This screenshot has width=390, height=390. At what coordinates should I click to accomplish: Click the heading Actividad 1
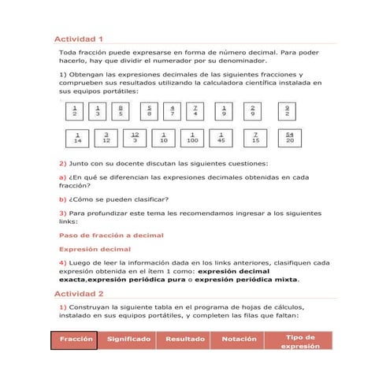78,39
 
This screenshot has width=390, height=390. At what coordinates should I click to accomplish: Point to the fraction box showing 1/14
77,138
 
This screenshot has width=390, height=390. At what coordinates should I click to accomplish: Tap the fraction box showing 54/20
290,138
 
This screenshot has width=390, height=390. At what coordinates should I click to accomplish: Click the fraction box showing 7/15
256,138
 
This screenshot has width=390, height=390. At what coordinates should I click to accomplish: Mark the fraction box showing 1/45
222,138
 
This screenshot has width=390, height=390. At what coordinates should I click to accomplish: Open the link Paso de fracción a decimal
111,236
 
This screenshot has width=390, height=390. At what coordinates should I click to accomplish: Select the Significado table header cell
128,340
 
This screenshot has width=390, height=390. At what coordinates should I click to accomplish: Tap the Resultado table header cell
183,340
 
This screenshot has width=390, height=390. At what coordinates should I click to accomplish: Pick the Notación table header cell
240,340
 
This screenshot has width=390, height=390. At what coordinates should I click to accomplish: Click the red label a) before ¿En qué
63,177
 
